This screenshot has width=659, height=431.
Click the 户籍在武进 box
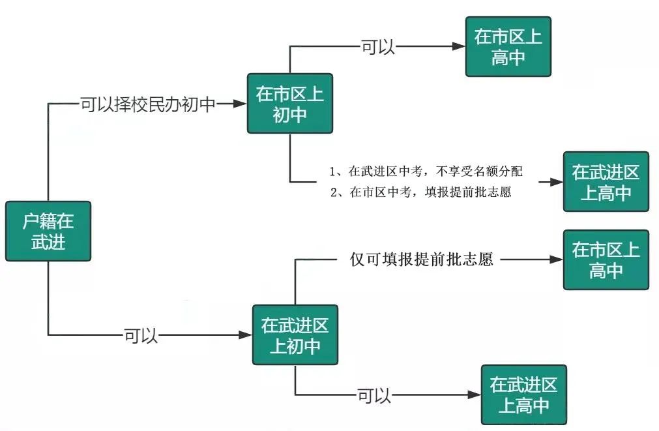click(x=48, y=231)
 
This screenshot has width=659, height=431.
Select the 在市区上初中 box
click(x=290, y=103)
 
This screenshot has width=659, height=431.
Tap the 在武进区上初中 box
click(x=295, y=334)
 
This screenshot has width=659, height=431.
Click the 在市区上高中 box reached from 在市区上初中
click(x=508, y=46)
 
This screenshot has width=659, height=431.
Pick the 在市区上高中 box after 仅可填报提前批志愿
click(x=606, y=260)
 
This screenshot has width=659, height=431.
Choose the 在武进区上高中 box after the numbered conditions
click(x=606, y=182)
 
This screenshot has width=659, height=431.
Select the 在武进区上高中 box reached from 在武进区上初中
click(x=524, y=394)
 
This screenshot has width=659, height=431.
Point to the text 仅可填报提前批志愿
click(x=422, y=260)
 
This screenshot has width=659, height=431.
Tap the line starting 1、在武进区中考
click(x=426, y=171)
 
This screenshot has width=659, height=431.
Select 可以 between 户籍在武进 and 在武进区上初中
click(x=141, y=336)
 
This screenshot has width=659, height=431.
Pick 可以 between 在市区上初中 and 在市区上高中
click(x=378, y=47)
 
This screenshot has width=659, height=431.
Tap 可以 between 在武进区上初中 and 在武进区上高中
click(x=374, y=395)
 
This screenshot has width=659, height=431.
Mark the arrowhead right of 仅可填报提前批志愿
click(x=556, y=260)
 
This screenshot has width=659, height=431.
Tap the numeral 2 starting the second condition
click(x=334, y=192)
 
